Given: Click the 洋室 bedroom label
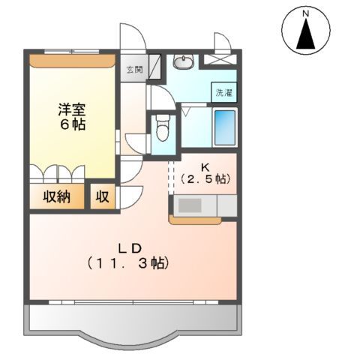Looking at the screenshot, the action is (72, 109).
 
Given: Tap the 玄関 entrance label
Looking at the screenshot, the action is (134, 70).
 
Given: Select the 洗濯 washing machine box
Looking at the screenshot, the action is (224, 92).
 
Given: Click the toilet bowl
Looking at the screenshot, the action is (163, 128).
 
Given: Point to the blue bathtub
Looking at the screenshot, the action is (225, 127).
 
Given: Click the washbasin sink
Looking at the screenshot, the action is (184, 61).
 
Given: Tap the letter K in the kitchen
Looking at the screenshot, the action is (205, 167).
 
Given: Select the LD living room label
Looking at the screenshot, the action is (130, 248).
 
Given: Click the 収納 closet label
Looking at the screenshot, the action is (56, 196).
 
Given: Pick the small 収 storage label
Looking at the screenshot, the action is (103, 196).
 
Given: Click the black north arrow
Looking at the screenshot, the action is (305, 33).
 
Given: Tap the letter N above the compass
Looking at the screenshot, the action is (305, 14).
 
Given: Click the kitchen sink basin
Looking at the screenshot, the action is (190, 205).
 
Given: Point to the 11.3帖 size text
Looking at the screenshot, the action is (128, 263).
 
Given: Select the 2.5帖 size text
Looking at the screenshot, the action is (205, 179).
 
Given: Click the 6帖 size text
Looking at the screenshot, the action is (73, 124).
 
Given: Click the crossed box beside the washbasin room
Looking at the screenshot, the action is (219, 59).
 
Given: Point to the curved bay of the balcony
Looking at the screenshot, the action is (133, 340).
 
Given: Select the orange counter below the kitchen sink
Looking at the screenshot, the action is (195, 220).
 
